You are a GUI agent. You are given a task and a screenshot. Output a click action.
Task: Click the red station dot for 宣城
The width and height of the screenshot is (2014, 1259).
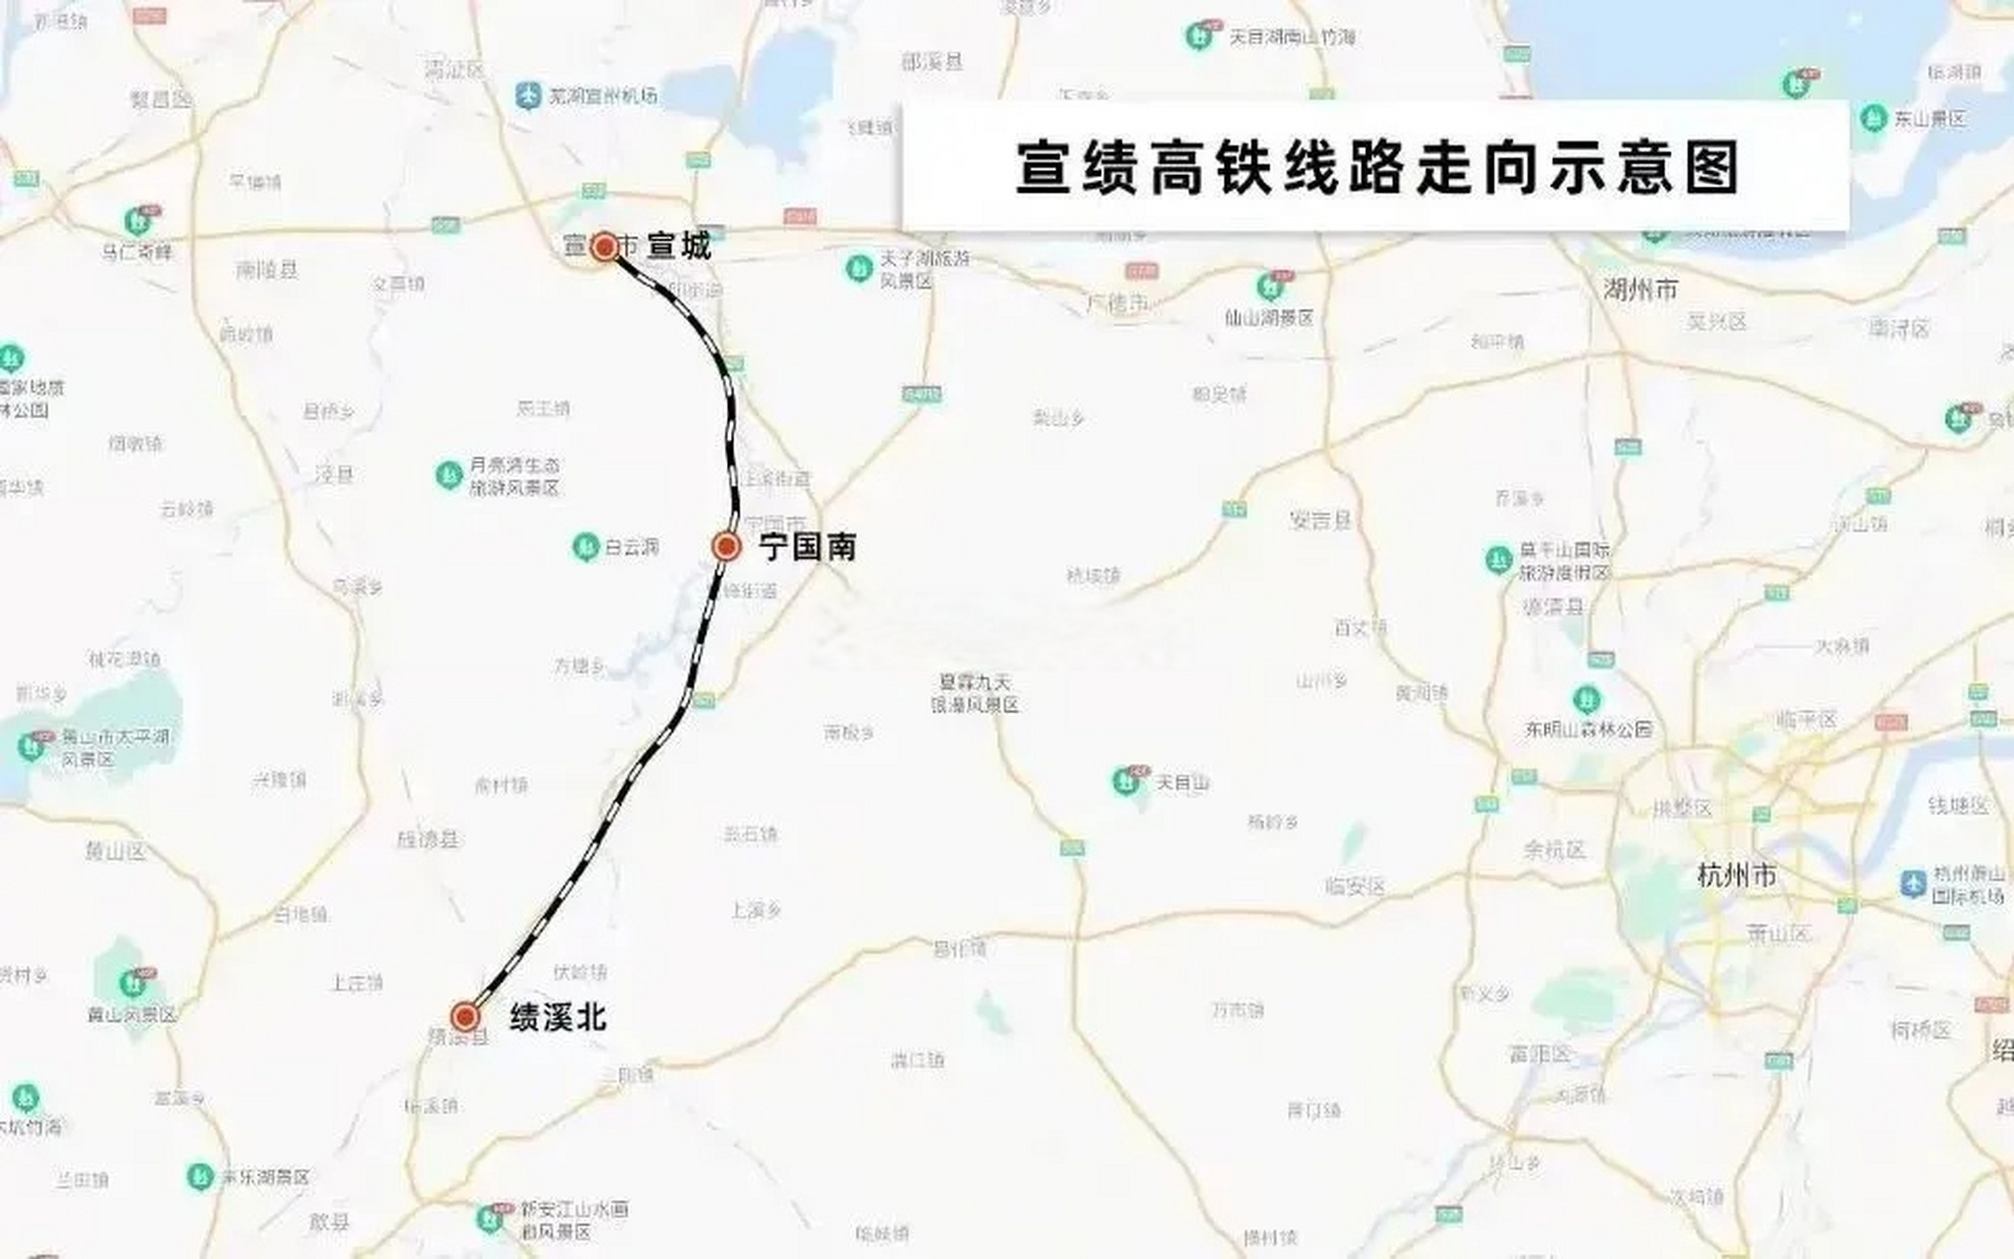coord(604,246)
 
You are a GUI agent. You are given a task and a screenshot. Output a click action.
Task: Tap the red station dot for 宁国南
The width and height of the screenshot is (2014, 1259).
coord(726,546)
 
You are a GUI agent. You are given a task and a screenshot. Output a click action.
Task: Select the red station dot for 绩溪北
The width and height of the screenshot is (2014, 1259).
coord(464,1016)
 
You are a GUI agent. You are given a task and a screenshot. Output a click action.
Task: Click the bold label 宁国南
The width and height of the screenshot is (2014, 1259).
coord(807,547)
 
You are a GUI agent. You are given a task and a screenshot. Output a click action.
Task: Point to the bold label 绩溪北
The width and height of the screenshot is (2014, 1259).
coord(558,1017)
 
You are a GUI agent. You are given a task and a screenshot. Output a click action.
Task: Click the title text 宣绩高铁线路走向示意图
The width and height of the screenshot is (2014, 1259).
coord(1377,168)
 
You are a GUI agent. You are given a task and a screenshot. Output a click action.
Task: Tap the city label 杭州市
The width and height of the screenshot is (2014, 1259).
coord(1737,874)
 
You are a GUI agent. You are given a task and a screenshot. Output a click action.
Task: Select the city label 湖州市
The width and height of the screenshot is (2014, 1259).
coord(1640,289)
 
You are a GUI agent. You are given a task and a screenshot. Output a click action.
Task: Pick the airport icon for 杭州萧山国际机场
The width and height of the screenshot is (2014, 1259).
coord(1914,882)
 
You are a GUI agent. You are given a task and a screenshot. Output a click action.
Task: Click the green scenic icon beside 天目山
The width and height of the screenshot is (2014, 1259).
coord(1125,782)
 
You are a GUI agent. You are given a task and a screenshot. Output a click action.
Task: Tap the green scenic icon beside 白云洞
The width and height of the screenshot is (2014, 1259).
coord(585,546)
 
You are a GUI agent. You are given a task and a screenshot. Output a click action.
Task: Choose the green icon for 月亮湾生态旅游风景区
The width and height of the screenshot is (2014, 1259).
coord(449,475)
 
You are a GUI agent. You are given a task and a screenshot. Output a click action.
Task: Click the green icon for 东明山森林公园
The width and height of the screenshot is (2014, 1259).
coord(1585,699)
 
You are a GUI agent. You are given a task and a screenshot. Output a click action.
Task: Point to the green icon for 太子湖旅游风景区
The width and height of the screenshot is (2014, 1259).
coord(859,268)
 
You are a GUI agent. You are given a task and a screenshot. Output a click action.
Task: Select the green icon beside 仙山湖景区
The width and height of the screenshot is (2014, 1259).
coord(1269,287)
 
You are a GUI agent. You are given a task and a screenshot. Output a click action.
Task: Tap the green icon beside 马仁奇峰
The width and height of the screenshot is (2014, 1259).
coord(136,220)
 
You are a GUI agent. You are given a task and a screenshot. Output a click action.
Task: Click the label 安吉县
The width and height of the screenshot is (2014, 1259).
coord(1320,520)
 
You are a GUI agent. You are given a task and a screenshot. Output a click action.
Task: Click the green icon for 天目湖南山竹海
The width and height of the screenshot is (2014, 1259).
coord(1197,37)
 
